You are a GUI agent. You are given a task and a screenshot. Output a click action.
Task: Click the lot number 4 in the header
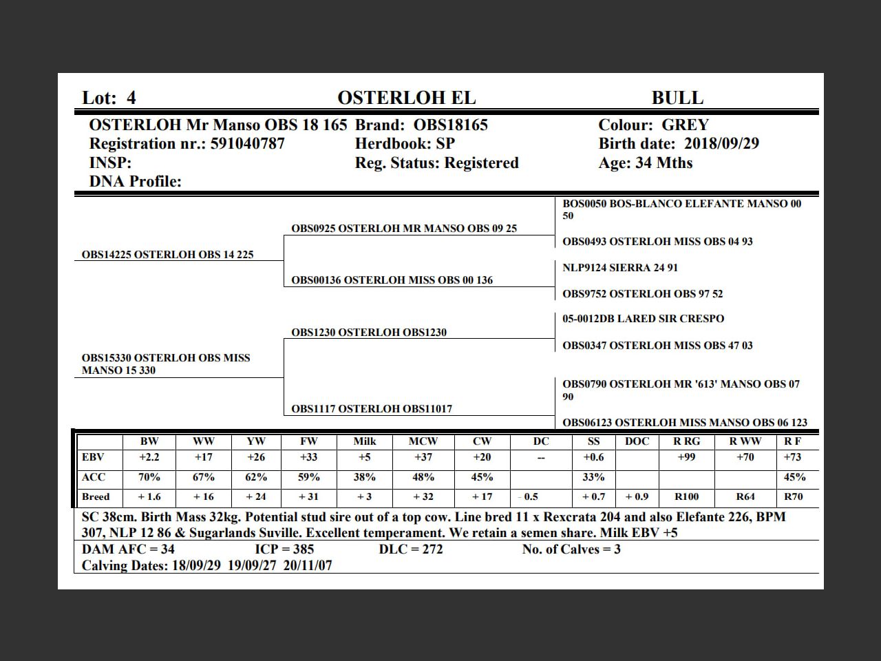pos(131,98)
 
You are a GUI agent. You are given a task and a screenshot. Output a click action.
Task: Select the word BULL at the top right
pos(677,98)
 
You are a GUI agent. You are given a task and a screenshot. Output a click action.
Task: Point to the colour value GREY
pos(685,125)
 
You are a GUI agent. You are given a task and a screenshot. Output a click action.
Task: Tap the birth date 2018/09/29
pos(721,144)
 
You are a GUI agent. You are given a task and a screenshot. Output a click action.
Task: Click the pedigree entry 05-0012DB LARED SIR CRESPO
pos(643,319)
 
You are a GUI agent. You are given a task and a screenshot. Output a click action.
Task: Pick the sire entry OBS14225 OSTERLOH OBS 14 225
pos(167,255)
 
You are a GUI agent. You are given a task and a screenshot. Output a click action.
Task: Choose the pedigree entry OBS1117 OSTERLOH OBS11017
pos(372,409)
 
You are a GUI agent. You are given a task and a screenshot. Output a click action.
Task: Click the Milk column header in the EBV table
pos(364,441)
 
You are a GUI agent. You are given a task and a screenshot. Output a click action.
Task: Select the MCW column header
pos(423,441)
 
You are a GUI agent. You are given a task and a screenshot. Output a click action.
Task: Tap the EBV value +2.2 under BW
pos(149,457)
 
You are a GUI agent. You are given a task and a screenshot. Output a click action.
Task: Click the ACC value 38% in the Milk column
pos(364,477)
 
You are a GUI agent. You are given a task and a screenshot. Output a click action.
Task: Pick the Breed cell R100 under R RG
pos(686,496)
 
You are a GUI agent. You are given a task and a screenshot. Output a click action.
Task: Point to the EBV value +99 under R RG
pos(686,457)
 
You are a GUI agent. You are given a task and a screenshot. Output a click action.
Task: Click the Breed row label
pos(96,496)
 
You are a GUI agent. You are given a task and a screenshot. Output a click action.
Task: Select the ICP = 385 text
pos(284,549)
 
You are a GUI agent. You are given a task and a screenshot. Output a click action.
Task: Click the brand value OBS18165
pos(450,125)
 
